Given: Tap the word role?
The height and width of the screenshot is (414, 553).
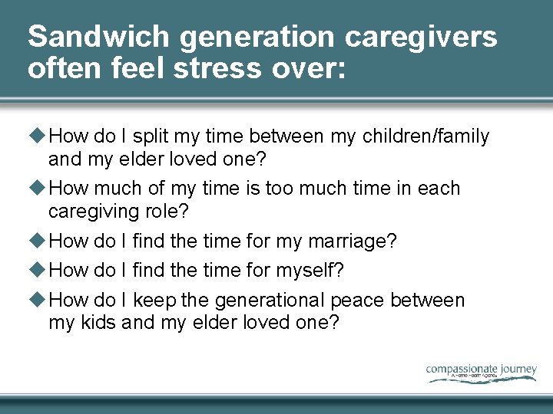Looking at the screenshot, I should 166,211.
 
